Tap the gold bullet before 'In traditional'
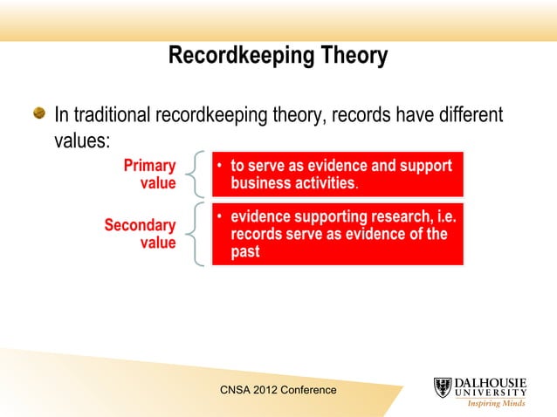tap(39, 114)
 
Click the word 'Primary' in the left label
tap(149, 166)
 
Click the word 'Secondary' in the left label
tap(140, 225)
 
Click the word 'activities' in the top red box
tap(324, 184)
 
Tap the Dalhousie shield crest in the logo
tap(443, 388)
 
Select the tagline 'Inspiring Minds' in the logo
tap(497, 403)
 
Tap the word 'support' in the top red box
tap(423, 166)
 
